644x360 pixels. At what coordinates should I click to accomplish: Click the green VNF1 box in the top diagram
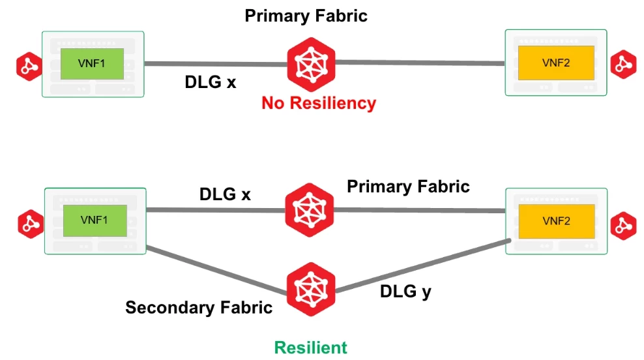point(92,64)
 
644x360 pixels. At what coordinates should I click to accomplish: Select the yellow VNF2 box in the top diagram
point(556,63)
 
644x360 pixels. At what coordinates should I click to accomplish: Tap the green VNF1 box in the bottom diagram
point(94,220)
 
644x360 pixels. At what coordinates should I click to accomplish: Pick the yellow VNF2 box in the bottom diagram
point(556,221)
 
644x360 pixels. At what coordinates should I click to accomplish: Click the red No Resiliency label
point(319,103)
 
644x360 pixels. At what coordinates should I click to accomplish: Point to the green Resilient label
point(310,348)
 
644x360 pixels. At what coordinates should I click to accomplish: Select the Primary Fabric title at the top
point(306,15)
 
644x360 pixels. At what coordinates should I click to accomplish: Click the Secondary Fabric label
point(199,307)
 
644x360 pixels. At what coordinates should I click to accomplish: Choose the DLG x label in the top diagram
point(211,83)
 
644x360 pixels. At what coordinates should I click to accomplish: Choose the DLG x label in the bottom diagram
point(225,194)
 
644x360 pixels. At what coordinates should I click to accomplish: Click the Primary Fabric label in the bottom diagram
point(408,187)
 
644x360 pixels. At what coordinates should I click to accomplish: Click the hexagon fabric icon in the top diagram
point(311,63)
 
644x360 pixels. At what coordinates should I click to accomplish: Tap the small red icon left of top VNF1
point(29,65)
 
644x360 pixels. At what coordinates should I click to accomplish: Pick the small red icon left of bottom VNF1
point(30,223)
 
